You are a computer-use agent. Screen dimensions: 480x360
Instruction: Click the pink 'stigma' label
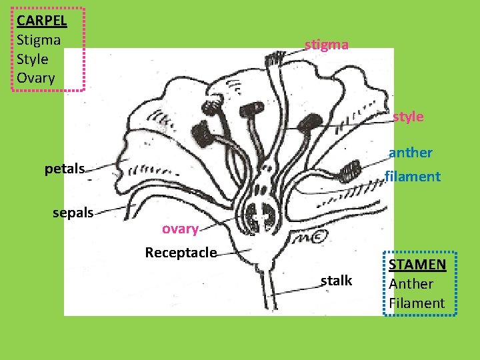tap(326, 45)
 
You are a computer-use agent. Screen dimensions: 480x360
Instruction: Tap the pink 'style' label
tap(407, 117)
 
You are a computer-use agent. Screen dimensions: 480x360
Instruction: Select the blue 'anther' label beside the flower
tap(410, 153)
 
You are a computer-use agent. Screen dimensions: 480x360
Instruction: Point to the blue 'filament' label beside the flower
tap(413, 177)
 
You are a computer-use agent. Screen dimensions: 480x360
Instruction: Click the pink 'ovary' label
tap(180, 229)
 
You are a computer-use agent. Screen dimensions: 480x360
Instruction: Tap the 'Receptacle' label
tap(181, 253)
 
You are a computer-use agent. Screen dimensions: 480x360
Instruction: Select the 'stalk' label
tap(336, 281)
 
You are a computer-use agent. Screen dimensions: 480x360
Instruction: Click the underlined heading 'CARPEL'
tap(42, 20)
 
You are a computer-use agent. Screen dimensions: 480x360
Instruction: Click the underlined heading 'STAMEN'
tap(417, 264)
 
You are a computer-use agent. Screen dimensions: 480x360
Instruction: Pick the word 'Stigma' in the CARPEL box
tap(39, 39)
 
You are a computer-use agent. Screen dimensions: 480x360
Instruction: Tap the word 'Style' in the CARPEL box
tap(33, 59)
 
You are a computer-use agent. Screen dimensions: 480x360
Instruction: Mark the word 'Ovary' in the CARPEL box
tap(36, 78)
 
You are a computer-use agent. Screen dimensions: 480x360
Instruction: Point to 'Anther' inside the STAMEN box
tap(411, 283)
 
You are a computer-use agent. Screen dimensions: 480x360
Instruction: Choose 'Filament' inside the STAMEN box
tap(417, 303)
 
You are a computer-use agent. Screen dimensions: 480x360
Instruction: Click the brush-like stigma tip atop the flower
tap(273, 59)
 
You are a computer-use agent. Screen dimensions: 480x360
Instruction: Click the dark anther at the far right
tap(349, 172)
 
